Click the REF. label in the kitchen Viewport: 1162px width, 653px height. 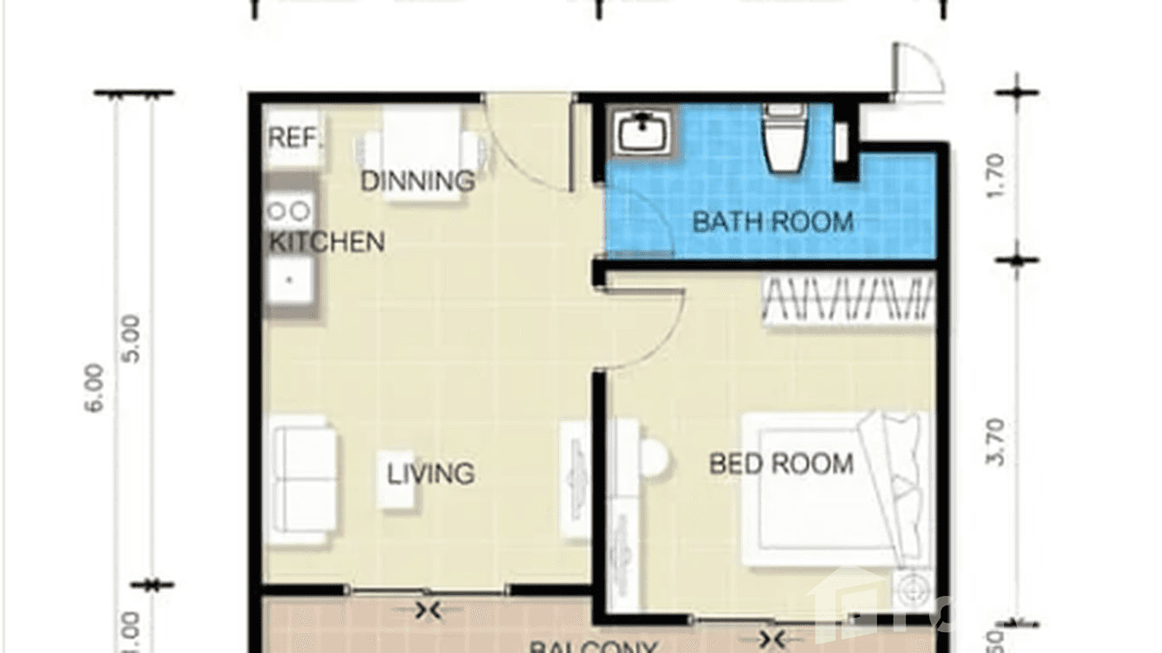[294, 138]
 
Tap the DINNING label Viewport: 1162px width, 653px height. [417, 181]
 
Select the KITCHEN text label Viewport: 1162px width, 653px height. [326, 242]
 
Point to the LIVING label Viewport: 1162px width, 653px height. [430, 474]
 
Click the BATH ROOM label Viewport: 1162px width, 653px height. [772, 222]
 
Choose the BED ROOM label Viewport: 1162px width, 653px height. [781, 464]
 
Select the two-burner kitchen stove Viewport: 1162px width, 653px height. [289, 210]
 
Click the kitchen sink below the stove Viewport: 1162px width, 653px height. [289, 279]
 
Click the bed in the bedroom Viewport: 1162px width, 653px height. [831, 489]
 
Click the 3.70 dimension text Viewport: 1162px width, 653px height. [996, 442]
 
